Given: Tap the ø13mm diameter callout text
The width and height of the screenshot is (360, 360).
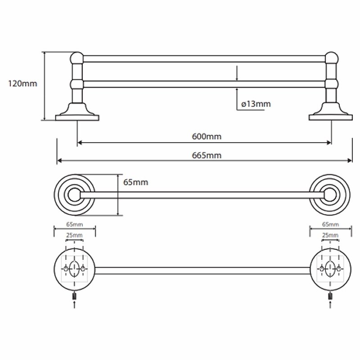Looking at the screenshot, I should [x=256, y=104].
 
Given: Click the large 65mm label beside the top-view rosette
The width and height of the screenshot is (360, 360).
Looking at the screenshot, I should [x=135, y=182].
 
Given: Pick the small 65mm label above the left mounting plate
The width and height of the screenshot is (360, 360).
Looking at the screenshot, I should [x=75, y=224].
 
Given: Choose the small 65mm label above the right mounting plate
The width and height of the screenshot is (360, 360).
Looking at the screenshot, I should [x=330, y=224].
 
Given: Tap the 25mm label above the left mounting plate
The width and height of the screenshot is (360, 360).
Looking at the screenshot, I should [x=75, y=235].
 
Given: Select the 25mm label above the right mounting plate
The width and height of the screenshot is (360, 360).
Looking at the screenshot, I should [x=330, y=235].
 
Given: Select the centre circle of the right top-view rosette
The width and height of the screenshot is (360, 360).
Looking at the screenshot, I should [x=331, y=195].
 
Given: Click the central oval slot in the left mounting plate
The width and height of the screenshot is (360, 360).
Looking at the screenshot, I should [x=75, y=269].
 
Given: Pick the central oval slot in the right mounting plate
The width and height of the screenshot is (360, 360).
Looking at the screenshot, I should [x=330, y=269].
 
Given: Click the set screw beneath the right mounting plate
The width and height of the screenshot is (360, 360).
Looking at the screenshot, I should [x=330, y=296].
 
